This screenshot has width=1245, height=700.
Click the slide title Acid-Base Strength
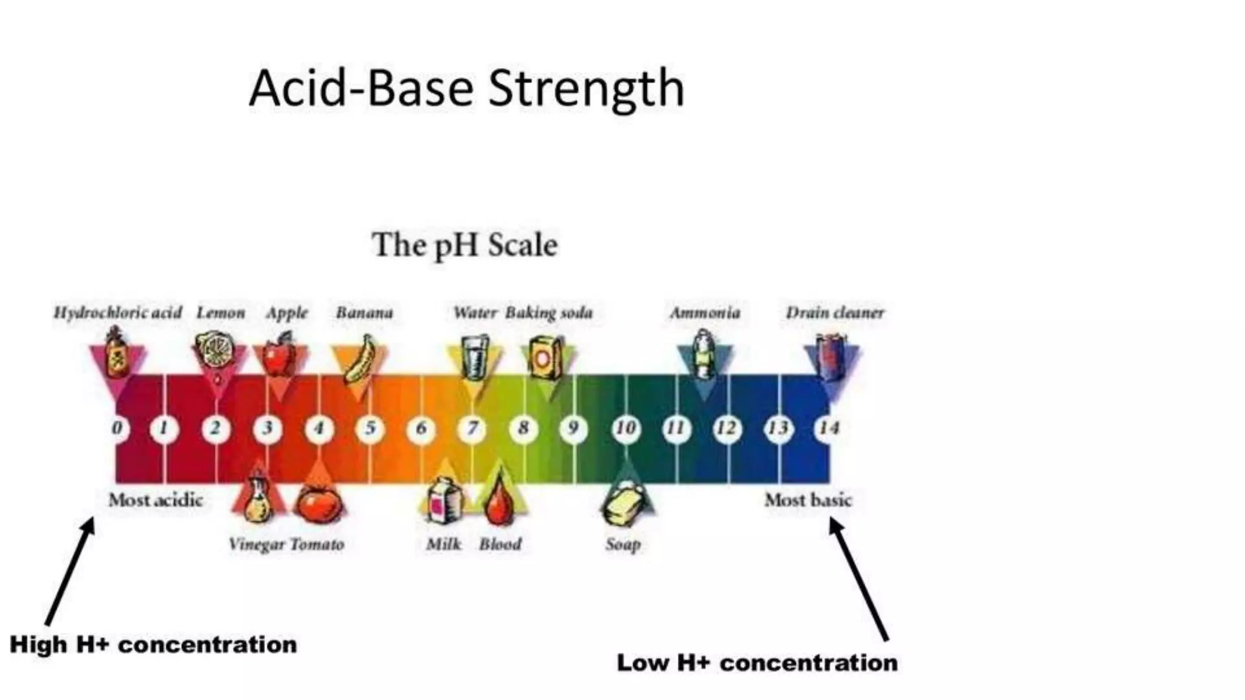466,89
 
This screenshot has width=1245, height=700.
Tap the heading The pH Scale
464,245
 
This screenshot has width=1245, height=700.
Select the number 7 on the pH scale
472,428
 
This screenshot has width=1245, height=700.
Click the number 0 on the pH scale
117,428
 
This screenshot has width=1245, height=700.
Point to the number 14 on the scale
829,428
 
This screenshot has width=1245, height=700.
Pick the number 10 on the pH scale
626,428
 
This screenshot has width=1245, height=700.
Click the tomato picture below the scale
318,504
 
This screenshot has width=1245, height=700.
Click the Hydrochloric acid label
117,313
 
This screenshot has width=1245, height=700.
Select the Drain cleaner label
835,313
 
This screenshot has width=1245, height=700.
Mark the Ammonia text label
705,313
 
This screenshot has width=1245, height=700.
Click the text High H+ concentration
153,645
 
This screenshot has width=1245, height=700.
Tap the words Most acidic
156,500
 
